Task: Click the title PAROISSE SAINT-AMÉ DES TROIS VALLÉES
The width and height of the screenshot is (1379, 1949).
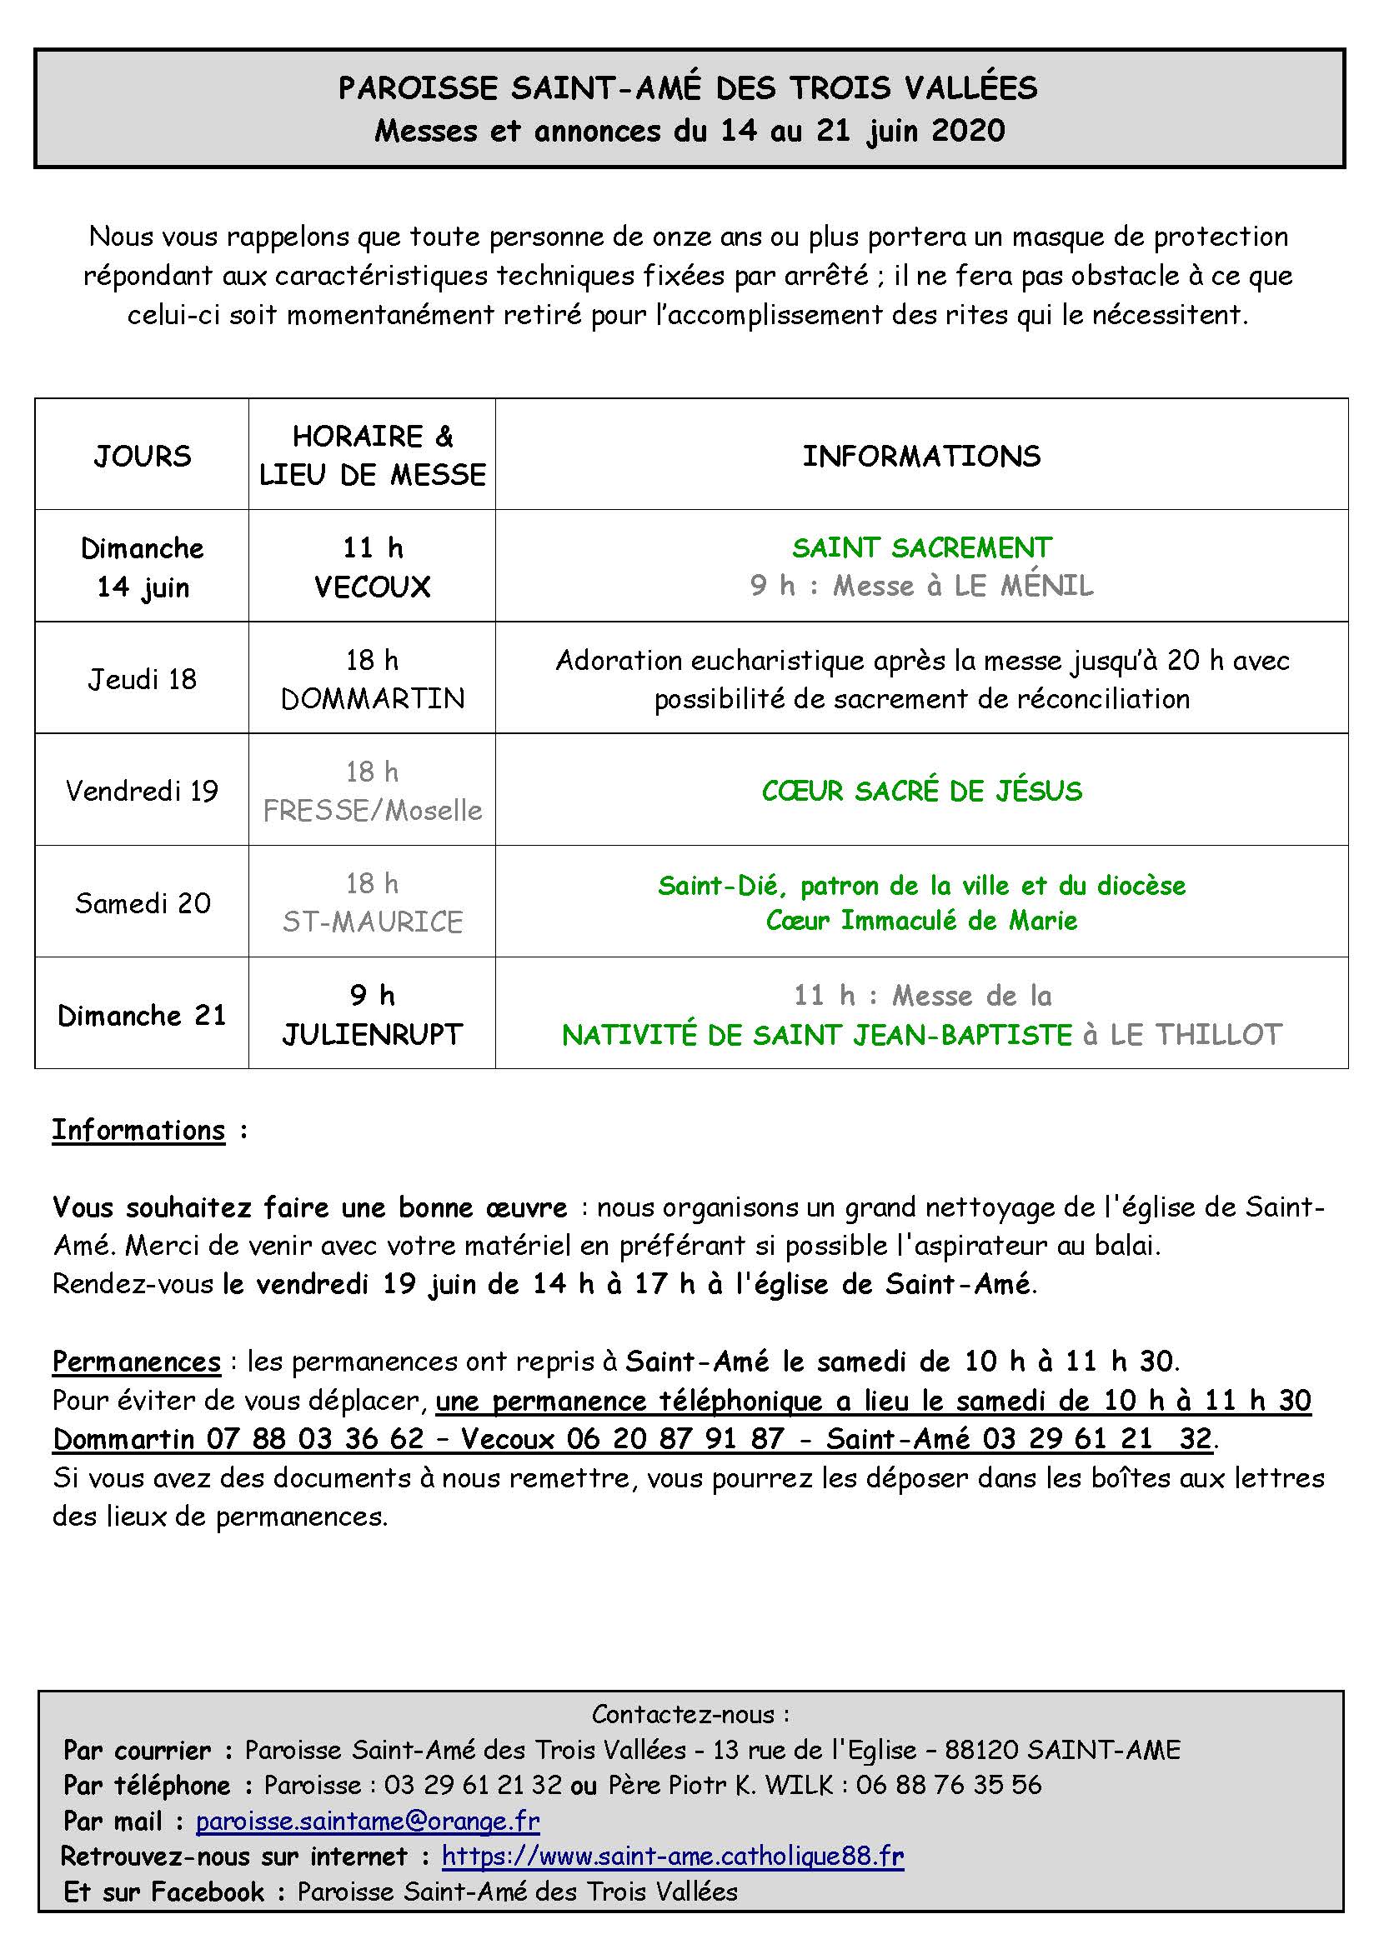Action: tap(688, 88)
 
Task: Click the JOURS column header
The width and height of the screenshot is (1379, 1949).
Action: tap(143, 456)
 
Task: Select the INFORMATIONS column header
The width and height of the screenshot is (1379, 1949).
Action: tap(921, 456)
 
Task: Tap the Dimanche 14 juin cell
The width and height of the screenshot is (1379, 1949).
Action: tap(143, 567)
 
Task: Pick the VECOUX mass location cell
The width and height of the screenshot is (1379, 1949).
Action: tap(372, 587)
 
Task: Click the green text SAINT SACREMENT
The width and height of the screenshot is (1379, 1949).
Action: tap(921, 547)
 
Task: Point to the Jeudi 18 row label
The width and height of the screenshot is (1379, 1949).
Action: tap(143, 679)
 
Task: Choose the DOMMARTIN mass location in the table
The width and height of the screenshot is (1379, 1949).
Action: tap(372, 698)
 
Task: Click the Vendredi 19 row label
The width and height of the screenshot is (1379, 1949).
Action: tap(143, 791)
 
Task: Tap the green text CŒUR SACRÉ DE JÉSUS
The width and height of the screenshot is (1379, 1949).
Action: tap(921, 791)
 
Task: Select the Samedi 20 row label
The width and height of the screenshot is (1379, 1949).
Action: tap(143, 902)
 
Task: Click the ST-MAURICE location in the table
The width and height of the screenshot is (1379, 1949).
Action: tap(372, 922)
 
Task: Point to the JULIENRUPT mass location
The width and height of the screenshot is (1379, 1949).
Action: tap(372, 1034)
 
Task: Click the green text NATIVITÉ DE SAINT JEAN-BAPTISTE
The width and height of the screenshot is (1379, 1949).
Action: tap(817, 1035)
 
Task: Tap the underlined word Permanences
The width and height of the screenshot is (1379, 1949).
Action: tap(137, 1362)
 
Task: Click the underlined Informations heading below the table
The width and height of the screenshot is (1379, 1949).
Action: tap(138, 1130)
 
